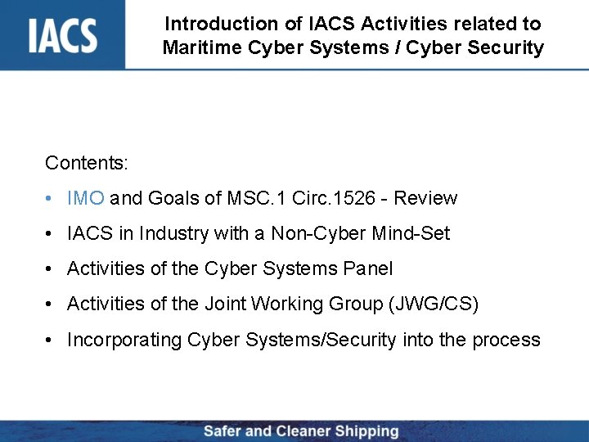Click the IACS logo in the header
62,34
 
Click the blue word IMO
85,198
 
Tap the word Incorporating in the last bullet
124,340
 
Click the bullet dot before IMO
51,199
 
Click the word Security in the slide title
508,47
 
